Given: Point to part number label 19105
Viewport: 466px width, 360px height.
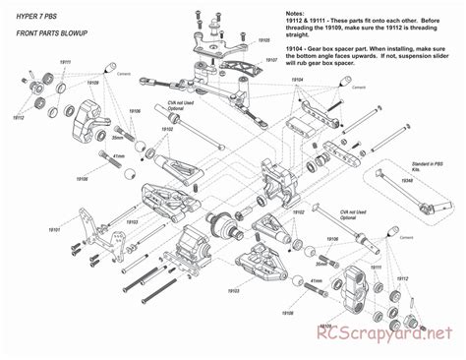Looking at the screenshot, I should pos(263,40).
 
